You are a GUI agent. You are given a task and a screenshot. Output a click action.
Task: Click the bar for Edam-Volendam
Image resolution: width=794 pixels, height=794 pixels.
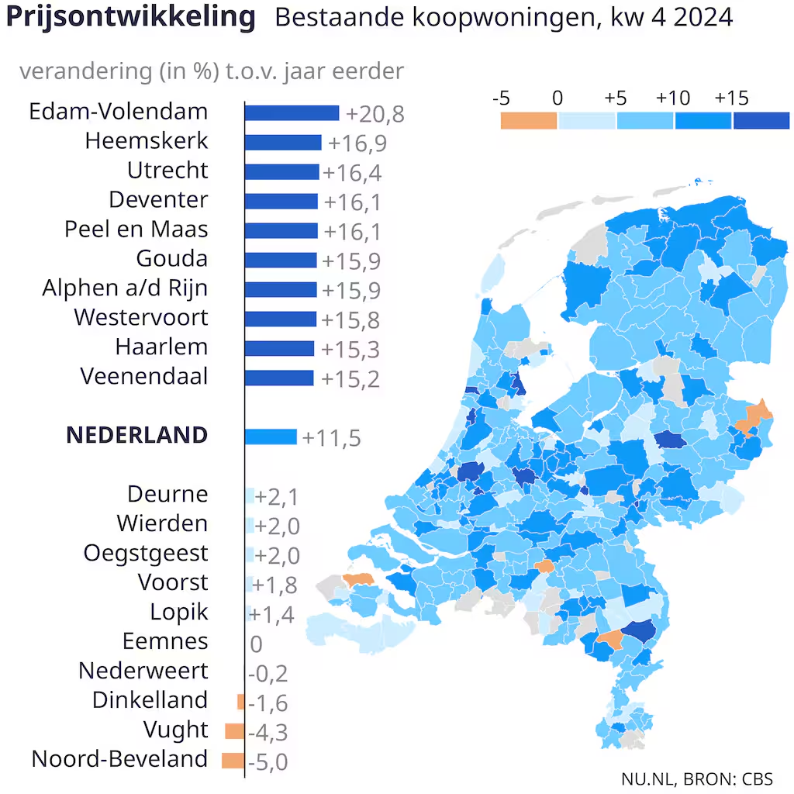pyautogui.click(x=292, y=113)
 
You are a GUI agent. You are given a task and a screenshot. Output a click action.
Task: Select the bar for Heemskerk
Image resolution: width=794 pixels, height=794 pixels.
pyautogui.click(x=283, y=143)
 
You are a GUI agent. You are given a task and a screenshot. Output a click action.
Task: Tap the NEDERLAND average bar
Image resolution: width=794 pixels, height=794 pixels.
pyautogui.click(x=271, y=437)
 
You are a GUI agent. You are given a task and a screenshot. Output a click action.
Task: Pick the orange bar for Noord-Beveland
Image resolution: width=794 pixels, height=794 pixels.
pyautogui.click(x=233, y=761)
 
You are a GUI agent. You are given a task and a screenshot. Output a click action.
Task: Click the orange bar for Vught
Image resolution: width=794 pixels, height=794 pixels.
pyautogui.click(x=235, y=731)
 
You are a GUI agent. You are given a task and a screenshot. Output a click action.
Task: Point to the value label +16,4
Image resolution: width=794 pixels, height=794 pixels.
pyautogui.click(x=352, y=173)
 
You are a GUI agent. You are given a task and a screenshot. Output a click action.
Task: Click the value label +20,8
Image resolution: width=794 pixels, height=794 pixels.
pyautogui.click(x=375, y=114)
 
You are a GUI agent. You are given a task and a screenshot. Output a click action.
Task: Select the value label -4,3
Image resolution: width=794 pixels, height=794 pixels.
pyautogui.click(x=268, y=732)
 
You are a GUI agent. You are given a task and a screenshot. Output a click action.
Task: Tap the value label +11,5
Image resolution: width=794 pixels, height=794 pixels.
pyautogui.click(x=331, y=438)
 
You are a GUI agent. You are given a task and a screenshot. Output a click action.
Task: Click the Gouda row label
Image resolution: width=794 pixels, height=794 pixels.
pyautogui.click(x=172, y=259)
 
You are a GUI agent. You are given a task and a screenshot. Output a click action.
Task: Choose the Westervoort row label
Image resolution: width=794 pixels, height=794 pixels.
pyautogui.click(x=141, y=317)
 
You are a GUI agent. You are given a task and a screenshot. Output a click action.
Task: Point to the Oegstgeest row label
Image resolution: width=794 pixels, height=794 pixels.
pyautogui.click(x=146, y=554)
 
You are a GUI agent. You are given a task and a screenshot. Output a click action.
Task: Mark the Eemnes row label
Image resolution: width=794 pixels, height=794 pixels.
pyautogui.click(x=165, y=641)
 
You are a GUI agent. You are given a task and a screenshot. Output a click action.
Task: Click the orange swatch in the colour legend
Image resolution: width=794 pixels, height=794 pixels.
pyautogui.click(x=529, y=120)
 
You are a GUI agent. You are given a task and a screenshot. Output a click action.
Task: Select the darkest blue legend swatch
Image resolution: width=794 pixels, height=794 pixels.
pyautogui.click(x=761, y=120)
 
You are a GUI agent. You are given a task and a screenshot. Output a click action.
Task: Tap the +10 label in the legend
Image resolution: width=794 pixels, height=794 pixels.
pyautogui.click(x=672, y=98)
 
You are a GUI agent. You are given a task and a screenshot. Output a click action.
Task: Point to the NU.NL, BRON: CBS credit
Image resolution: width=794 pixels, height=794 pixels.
pyautogui.click(x=697, y=778)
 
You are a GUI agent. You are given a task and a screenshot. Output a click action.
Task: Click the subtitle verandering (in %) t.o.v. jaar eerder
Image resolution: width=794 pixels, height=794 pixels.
pyautogui.click(x=212, y=71)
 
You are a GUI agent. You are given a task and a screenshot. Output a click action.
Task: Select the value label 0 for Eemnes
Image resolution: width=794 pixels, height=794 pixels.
pyautogui.click(x=256, y=644)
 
